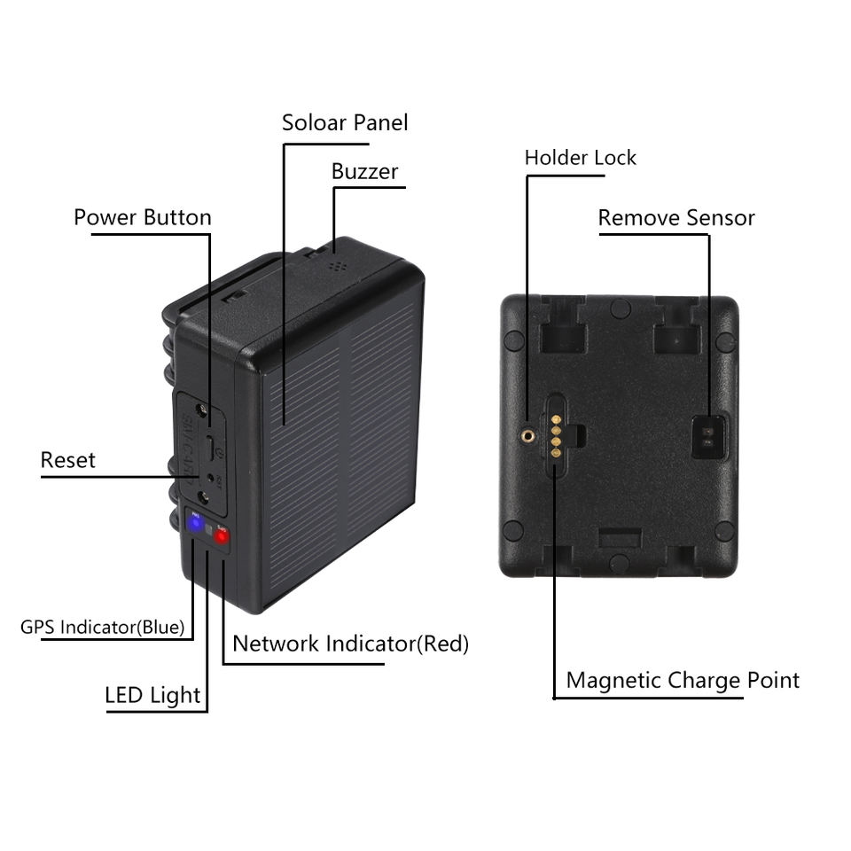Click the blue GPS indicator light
point(194,524)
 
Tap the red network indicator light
point(222,536)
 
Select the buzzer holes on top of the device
point(335,264)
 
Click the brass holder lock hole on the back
point(529,435)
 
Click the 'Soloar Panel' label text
point(345,122)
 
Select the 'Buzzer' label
point(364,171)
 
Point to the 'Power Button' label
point(142,217)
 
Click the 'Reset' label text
point(67,460)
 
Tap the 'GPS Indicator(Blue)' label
point(102,628)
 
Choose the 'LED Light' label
point(152,695)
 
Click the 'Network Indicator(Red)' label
point(350,644)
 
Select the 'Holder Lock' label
point(580,158)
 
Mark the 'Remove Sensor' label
point(675,218)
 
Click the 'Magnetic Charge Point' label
point(683,681)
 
